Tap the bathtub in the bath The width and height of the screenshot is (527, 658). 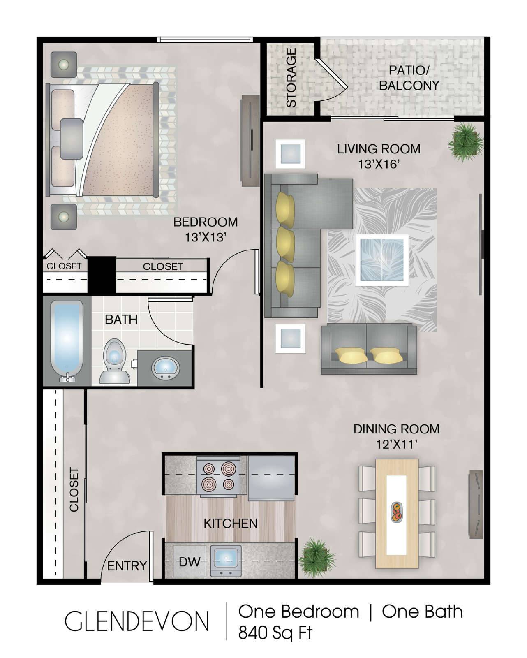point(67,341)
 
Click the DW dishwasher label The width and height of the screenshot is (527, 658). point(190,561)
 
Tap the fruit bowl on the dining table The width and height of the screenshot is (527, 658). point(396,512)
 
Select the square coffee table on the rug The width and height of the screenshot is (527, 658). point(382,260)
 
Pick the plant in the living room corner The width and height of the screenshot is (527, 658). point(465,142)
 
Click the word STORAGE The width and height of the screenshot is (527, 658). point(291,78)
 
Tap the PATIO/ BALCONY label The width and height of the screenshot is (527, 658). point(409,78)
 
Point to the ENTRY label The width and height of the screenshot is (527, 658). point(127,566)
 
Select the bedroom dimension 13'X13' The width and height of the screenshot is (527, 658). point(206,237)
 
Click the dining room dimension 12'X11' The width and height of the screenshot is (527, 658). point(396,444)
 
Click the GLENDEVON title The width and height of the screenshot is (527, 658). point(136,621)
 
